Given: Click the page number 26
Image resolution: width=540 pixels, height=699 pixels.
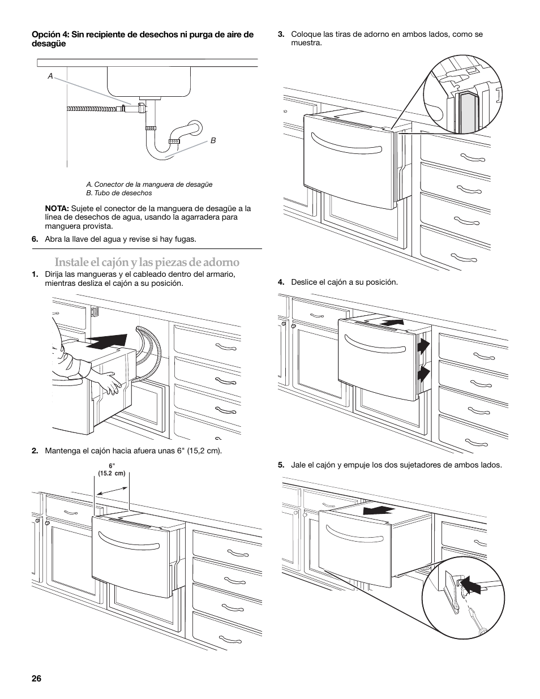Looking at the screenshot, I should pyautogui.click(x=37, y=679).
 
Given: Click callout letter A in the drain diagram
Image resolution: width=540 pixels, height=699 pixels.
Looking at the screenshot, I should pyautogui.click(x=50, y=76).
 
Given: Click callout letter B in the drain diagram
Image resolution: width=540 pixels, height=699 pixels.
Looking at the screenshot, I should pyautogui.click(x=213, y=140).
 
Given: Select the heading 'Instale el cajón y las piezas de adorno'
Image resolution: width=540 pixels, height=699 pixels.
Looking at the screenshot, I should pyautogui.click(x=147, y=262).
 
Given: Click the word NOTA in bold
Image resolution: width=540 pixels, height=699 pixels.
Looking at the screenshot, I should pyautogui.click(x=57, y=208).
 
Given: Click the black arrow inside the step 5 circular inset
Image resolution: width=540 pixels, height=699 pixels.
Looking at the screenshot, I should pyautogui.click(x=474, y=585).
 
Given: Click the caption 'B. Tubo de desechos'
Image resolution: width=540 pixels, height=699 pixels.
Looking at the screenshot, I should pyautogui.click(x=119, y=193).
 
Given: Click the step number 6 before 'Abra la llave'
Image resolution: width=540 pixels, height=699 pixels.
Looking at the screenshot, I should pyautogui.click(x=35, y=239).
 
